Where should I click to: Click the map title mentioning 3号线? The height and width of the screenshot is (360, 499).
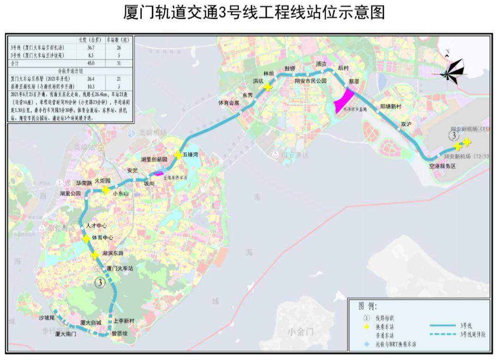(x=254, y=12)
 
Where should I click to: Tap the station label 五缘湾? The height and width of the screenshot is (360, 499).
(x=193, y=155)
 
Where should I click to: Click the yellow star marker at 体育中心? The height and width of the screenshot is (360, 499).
(x=86, y=238)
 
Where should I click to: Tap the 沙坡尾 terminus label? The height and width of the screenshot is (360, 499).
(x=47, y=318)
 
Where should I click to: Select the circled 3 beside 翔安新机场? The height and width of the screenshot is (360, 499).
(x=454, y=135)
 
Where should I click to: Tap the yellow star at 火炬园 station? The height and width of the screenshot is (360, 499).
(x=105, y=190)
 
